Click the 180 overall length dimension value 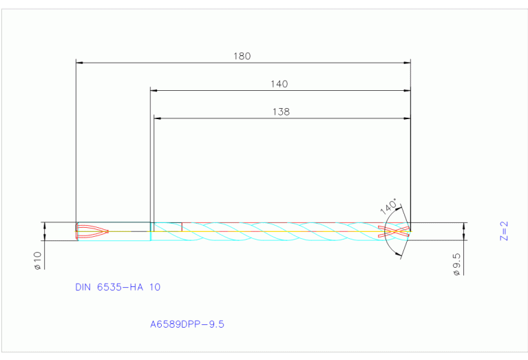242,56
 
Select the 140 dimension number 279,84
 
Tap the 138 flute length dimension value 281,112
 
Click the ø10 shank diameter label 38,260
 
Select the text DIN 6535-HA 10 118,287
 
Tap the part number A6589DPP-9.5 187,323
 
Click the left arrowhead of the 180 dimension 78,63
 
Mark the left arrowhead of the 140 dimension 154,90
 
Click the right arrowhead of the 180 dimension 407,63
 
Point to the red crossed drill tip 398,231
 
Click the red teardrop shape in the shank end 92,231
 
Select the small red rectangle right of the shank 167,226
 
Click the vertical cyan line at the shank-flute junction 151,231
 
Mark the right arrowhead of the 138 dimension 407,118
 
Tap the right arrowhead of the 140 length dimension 407,90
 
